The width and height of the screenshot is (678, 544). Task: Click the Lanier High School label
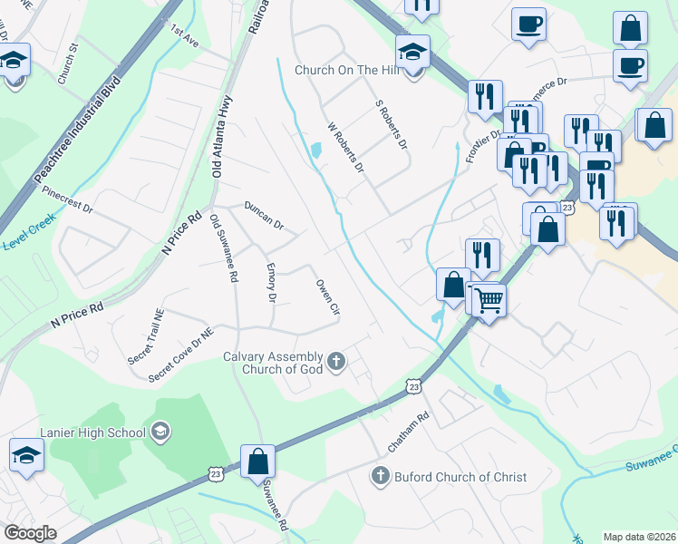[92, 432]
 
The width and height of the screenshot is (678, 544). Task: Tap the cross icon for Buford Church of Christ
[381, 475]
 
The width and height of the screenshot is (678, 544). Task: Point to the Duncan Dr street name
[264, 215]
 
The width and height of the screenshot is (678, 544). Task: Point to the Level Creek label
[27, 223]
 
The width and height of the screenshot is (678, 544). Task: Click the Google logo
[30, 532]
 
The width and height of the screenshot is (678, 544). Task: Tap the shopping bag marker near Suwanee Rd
[258, 461]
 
